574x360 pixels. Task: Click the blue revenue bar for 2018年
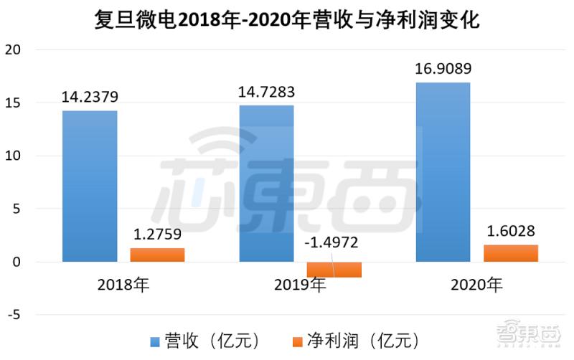click(90, 186)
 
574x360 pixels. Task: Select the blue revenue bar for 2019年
click(266, 184)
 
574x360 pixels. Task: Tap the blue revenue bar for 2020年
click(443, 172)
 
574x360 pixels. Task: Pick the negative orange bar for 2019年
click(334, 270)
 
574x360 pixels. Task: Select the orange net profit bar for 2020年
click(510, 253)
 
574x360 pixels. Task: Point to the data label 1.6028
click(510, 231)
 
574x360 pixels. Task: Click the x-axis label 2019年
click(300, 285)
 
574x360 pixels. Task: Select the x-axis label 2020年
click(476, 285)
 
